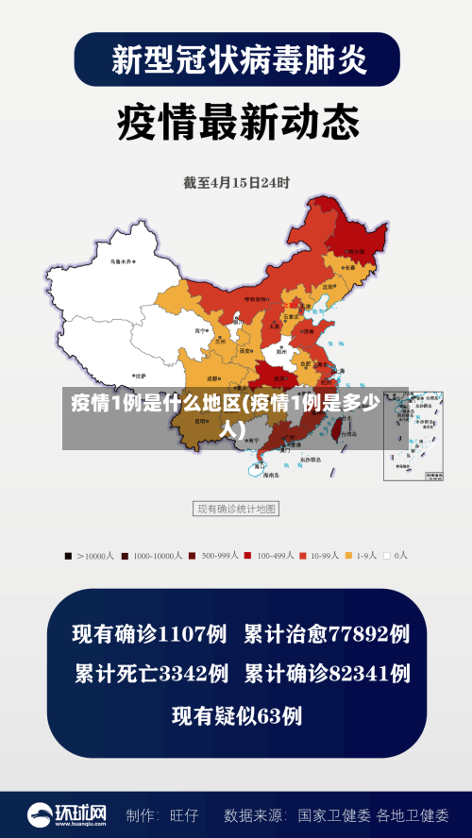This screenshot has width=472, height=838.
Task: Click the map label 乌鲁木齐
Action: (x=120, y=261)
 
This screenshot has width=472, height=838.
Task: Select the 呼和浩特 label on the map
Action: (x=257, y=298)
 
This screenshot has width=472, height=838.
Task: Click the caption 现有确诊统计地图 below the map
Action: (x=236, y=509)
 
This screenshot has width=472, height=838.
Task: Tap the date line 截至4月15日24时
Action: (x=236, y=182)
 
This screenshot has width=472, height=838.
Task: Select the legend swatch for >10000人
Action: (x=67, y=556)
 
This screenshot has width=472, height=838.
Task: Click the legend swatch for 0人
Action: (x=386, y=556)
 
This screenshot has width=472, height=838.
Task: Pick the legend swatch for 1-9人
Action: (x=348, y=556)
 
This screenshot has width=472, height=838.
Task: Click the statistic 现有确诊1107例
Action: (x=150, y=634)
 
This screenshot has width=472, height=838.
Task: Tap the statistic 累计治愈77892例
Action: (x=327, y=634)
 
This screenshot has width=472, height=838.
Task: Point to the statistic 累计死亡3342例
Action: (x=151, y=674)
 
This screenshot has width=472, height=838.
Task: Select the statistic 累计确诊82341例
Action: (x=327, y=674)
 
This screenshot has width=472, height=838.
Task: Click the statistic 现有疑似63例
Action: (x=236, y=715)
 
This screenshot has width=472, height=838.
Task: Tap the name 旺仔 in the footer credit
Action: (x=184, y=814)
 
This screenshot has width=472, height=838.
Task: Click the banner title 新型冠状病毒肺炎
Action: (x=237, y=60)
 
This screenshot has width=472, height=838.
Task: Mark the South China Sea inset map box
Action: (x=413, y=435)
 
